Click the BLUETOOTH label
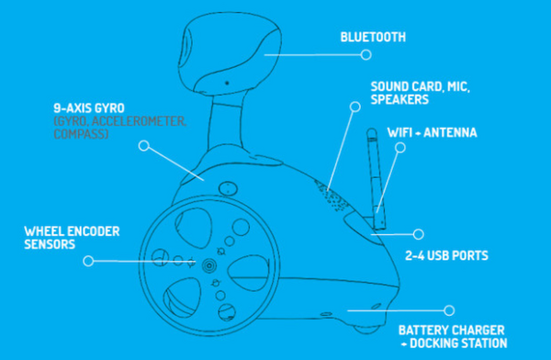tap(373, 37)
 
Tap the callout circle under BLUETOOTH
tap(366, 54)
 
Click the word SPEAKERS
tap(399, 99)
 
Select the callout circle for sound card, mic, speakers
tap(355, 107)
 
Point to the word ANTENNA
tap(450, 132)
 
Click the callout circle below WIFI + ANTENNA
tap(400, 147)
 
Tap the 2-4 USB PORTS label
tap(446, 255)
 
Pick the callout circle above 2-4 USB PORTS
tap(418, 234)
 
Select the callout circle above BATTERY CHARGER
tap(449, 310)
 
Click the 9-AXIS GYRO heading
tap(89, 108)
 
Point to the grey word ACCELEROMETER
tap(139, 121)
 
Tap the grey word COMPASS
tap(80, 134)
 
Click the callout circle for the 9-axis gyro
tap(144, 145)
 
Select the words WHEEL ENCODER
tap(72, 231)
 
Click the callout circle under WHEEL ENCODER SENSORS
tap(88, 261)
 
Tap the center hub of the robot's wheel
tap(209, 265)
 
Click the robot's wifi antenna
tap(376, 179)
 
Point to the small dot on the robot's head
tap(227, 83)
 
